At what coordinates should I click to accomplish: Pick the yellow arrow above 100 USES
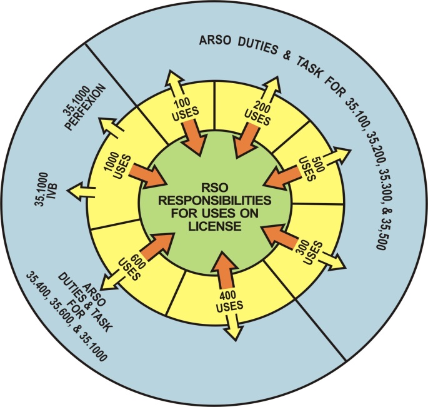tap(176, 84)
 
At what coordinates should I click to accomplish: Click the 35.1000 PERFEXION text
tap(89, 106)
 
